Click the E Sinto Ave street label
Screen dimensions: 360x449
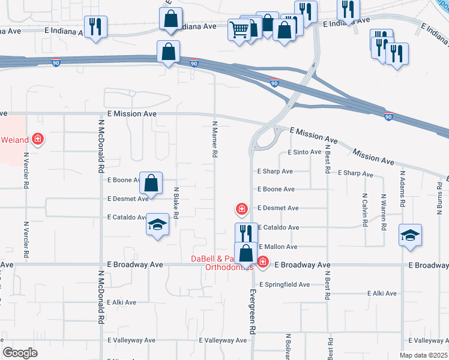304,152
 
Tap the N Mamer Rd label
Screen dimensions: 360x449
214,139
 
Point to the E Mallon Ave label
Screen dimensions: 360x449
277,247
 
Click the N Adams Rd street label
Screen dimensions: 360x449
402,187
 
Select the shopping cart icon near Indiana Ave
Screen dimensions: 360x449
239,29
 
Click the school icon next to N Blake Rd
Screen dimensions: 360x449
157,226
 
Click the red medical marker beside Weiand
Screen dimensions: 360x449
38,140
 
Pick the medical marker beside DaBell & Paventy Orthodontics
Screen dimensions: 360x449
262,262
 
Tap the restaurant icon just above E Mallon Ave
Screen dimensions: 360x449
246,233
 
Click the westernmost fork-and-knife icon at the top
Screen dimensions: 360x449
95,26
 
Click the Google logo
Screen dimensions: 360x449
20,353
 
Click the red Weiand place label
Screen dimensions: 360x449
14,140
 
